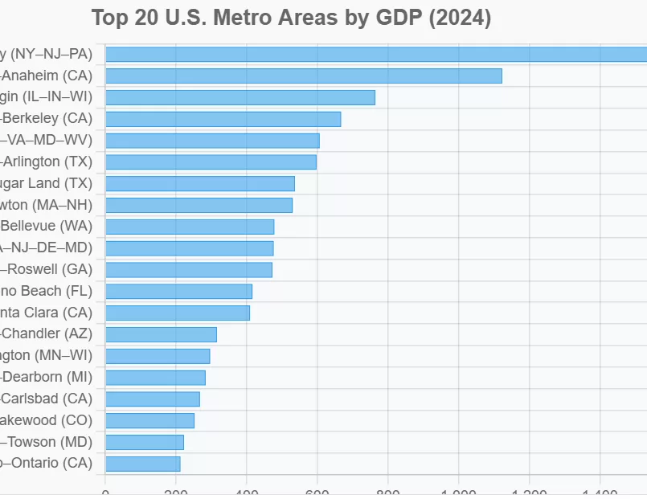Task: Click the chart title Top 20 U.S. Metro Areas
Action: coord(291,18)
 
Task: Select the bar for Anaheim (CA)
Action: coord(303,76)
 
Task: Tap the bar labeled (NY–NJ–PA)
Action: coord(375,54)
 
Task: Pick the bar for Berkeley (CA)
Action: coord(223,119)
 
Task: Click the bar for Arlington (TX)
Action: coord(211,162)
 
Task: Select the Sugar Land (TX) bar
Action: coord(199,183)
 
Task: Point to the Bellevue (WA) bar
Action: coord(189,227)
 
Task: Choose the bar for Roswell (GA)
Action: coord(188,269)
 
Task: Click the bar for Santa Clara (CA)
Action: coord(177,313)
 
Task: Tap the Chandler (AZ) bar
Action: coord(161,334)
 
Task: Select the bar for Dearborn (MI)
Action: coord(155,378)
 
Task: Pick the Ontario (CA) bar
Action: coord(142,464)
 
